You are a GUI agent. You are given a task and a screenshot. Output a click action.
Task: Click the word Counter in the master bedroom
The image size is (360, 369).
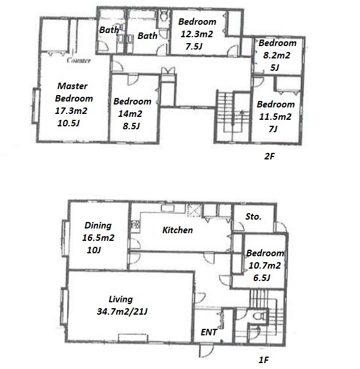[78, 60]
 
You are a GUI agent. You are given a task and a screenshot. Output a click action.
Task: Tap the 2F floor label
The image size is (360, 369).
[270, 156]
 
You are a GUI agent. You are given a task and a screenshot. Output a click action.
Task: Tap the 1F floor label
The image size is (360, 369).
[264, 360]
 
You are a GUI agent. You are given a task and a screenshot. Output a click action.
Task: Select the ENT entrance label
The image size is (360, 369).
[209, 332]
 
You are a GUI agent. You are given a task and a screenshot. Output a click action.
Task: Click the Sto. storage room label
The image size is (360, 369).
[253, 217]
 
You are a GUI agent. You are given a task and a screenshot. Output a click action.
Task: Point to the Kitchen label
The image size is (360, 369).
[178, 230]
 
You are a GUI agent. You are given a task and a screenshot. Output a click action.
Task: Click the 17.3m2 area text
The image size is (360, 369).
[71, 110]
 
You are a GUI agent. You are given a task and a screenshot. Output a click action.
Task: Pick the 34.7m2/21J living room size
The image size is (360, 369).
[122, 312]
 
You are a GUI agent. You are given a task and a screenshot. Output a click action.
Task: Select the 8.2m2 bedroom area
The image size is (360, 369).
[277, 55]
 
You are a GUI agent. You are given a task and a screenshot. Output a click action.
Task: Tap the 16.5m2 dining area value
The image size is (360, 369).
[98, 238]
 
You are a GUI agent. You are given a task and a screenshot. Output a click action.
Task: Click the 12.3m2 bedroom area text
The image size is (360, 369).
[197, 34]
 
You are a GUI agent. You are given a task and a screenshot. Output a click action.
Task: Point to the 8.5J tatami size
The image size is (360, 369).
[131, 126]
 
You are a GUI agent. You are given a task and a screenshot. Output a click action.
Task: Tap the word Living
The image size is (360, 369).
[120, 299]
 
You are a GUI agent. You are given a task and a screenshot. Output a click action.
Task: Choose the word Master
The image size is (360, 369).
[73, 86]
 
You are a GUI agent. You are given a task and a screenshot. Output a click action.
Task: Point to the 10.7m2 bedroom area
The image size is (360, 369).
[265, 266]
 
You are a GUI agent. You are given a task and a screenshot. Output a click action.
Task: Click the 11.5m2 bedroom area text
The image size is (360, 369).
[275, 117]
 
